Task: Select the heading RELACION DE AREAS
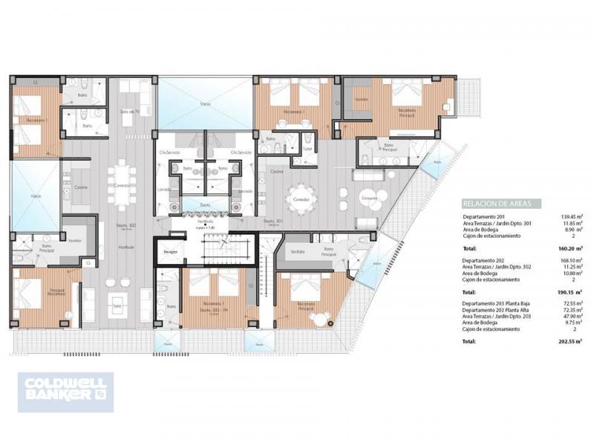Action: [491, 204]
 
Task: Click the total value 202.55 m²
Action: [568, 341]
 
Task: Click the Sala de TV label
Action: [130, 111]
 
